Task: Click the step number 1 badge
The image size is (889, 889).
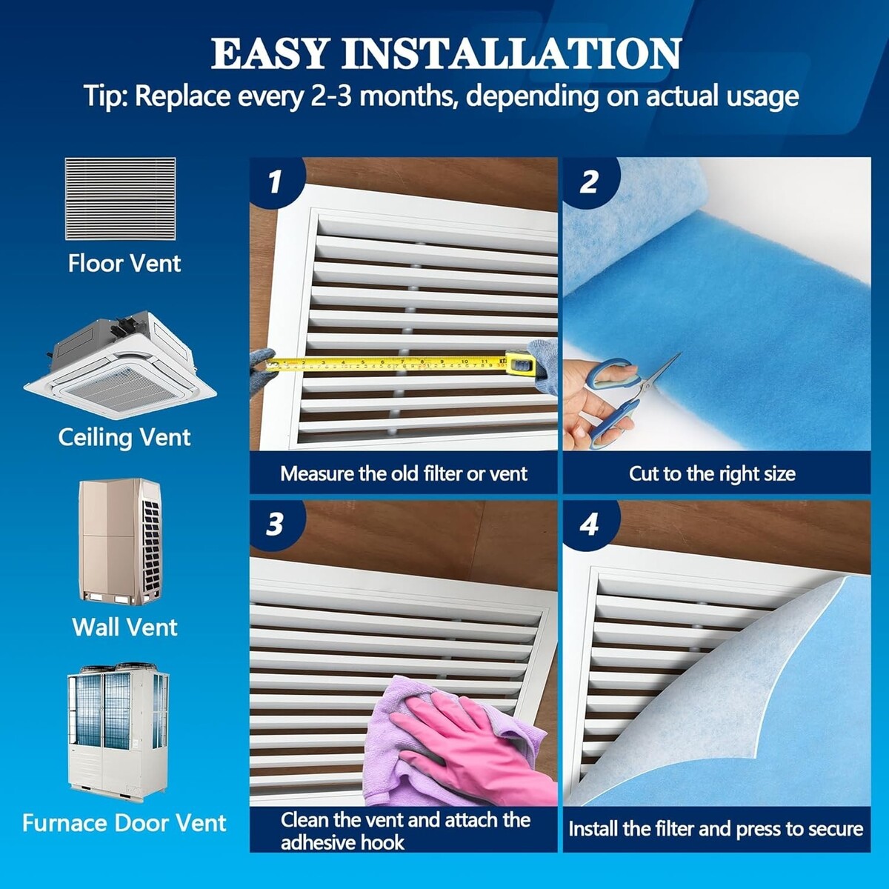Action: [276, 182]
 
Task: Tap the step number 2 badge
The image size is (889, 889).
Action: [589, 182]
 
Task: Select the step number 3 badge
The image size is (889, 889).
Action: [276, 524]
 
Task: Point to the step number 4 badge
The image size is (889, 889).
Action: [589, 524]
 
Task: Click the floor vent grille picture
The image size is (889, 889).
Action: [121, 199]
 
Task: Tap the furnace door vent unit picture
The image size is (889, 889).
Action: [119, 733]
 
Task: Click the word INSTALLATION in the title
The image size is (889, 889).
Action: [510, 54]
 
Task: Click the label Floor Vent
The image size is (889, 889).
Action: [124, 264]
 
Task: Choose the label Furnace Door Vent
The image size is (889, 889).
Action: [124, 823]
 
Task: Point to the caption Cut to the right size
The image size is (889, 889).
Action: [712, 474]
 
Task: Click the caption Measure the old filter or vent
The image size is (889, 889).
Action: [404, 474]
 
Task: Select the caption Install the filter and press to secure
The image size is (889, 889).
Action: [716, 829]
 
